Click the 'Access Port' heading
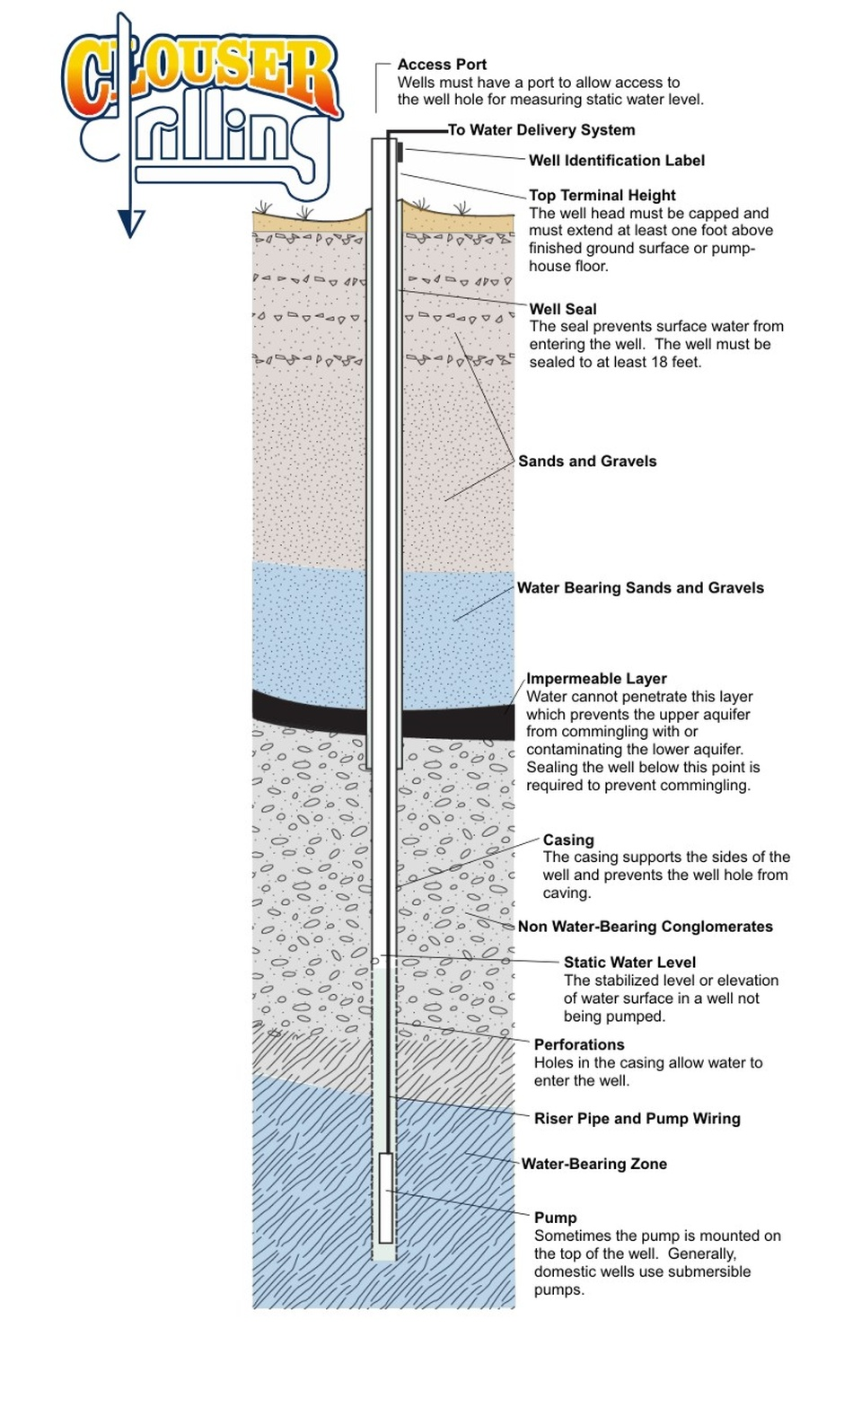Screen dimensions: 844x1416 442,65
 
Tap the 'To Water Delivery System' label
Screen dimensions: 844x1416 541,130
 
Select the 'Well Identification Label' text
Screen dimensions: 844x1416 617,161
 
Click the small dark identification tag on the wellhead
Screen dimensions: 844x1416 400,152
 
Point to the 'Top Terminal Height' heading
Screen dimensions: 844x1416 602,196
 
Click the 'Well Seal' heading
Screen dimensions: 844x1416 563,309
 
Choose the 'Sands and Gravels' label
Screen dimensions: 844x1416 587,461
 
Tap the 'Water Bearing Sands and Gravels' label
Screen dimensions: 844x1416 640,588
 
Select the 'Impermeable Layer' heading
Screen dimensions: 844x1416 596,678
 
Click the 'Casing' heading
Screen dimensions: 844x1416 568,840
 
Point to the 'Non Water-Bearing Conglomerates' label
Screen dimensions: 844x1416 646,927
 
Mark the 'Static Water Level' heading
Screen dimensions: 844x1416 629,963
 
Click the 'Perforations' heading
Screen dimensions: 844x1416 579,1045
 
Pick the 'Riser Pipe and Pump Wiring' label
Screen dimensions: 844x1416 637,1119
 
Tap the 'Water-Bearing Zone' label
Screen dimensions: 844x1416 594,1164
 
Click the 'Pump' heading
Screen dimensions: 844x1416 556,1218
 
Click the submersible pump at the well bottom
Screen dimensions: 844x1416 386,1197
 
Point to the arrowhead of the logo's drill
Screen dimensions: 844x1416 131,224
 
